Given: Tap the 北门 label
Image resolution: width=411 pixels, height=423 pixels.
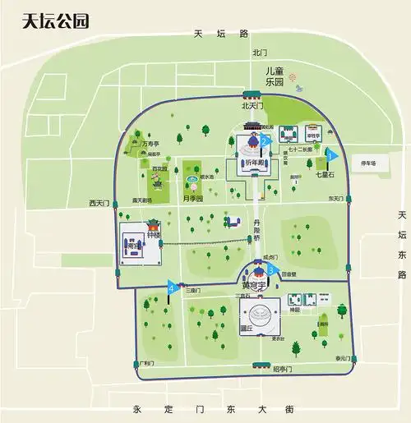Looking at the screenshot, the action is coord(261,53).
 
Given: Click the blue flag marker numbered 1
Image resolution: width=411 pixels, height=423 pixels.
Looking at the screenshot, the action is coord(330,154).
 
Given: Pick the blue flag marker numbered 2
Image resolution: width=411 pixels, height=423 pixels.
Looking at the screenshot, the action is coord(265,140).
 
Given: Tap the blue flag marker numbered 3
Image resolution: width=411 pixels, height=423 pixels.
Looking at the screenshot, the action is coord(270,270).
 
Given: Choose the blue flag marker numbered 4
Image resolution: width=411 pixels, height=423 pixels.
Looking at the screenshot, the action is coord(172,287).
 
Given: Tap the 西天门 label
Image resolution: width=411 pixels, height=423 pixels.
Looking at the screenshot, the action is coord(99,202).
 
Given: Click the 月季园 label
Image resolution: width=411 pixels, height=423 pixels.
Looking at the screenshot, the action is coord(193,198).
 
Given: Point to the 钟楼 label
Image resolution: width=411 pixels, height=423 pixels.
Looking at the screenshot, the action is coord(154,235).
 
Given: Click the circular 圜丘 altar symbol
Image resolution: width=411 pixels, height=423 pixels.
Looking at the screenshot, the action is coord(259,313).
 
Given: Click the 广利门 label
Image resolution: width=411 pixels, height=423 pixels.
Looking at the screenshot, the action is coord(147,362).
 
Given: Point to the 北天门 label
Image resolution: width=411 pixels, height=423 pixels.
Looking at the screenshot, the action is coord(251,106).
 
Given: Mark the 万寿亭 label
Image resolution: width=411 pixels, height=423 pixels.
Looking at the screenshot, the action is coord(150,143).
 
